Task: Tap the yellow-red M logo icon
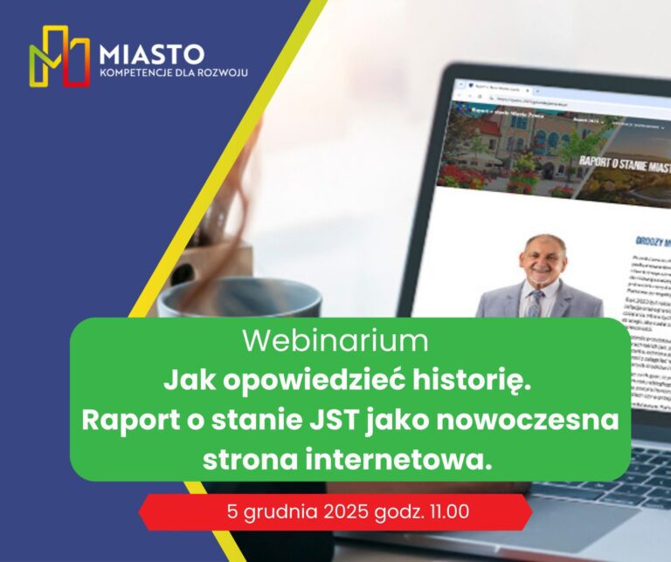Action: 59,57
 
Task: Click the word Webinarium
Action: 335,341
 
